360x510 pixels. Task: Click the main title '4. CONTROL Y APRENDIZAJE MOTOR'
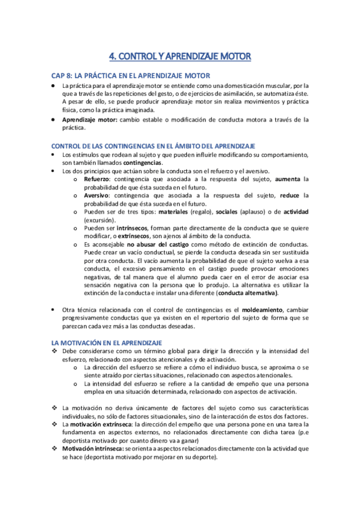pos(180,57)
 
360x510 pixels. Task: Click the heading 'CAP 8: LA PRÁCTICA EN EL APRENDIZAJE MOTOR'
pos(130,76)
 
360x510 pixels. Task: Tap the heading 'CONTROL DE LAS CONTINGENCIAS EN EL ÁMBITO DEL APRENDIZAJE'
pos(153,146)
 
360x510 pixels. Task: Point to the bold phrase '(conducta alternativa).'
pos(248,293)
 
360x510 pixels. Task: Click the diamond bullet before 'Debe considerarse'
pos(54,351)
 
